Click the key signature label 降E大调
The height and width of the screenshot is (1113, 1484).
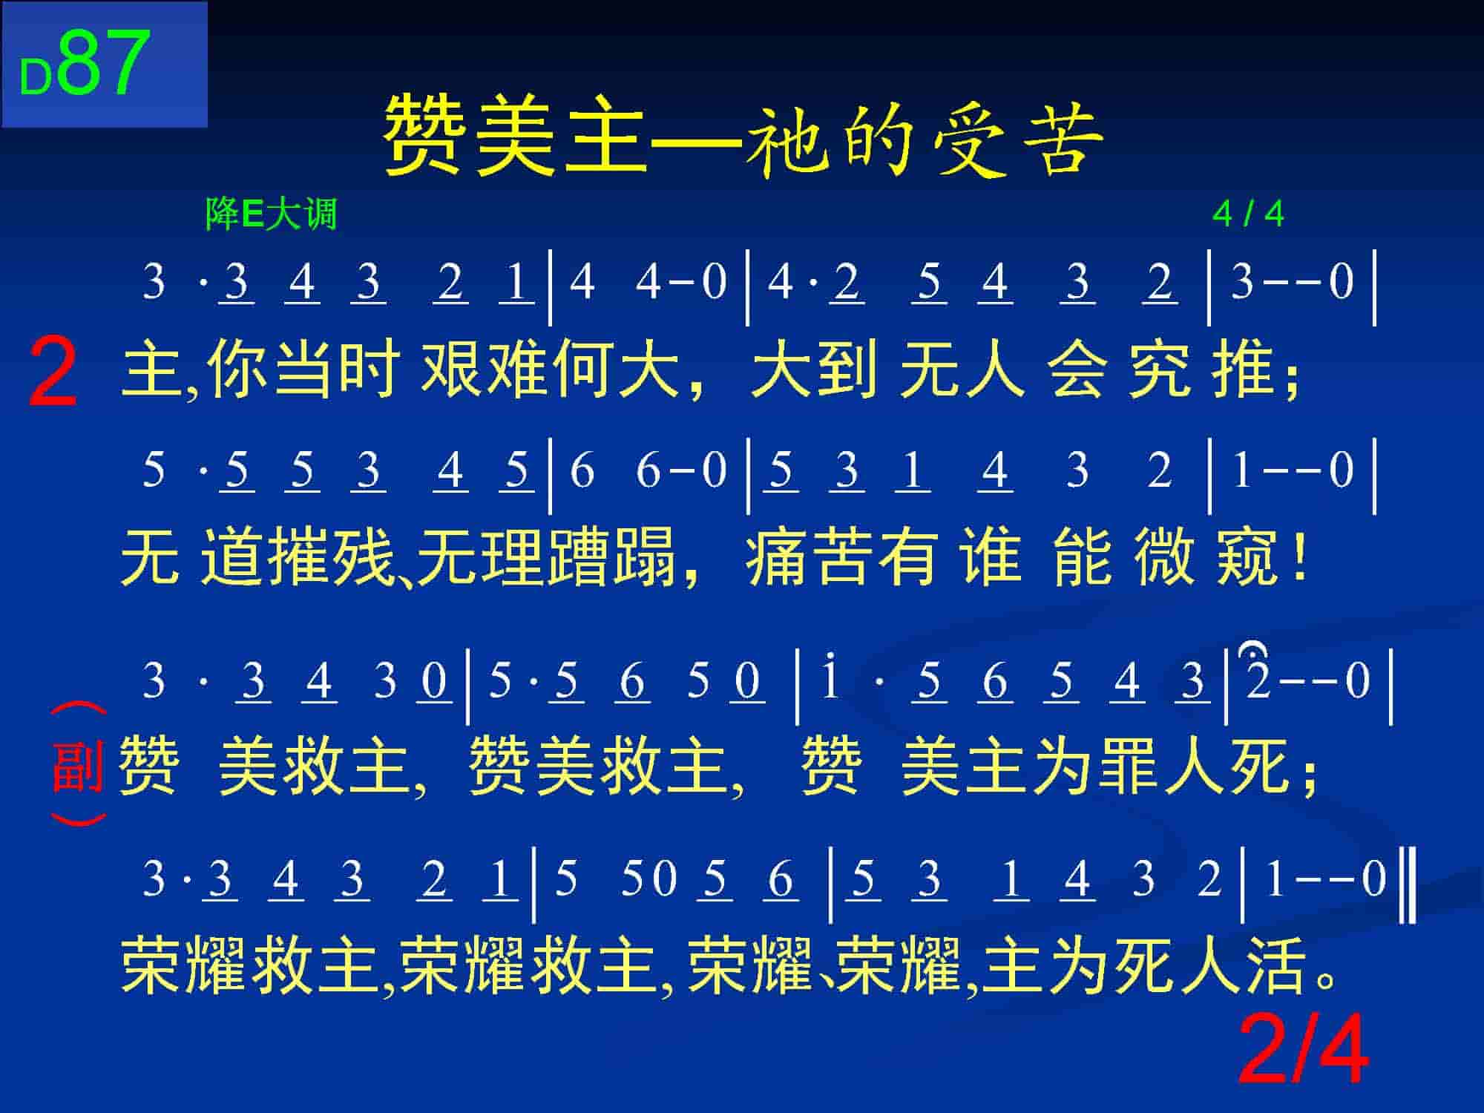[x=271, y=215]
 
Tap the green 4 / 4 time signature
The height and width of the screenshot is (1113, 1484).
[x=1248, y=214]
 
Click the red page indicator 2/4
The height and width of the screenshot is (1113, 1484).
[x=1303, y=1051]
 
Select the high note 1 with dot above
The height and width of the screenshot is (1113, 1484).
[x=829, y=675]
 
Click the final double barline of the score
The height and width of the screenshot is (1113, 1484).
[x=1408, y=887]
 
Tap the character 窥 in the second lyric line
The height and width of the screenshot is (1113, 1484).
[x=1247, y=556]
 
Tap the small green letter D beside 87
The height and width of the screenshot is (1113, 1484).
[x=35, y=78]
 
